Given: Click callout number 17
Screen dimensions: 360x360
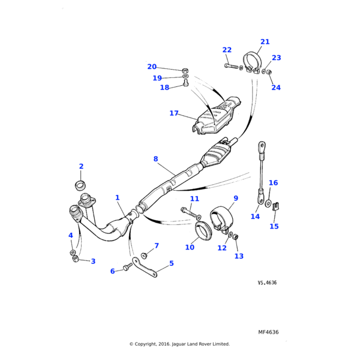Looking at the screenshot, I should coord(174,113).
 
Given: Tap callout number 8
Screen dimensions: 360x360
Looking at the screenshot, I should coord(155,159).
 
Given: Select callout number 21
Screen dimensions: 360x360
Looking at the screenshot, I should coord(265,42).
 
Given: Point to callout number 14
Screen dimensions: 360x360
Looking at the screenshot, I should coord(255,217).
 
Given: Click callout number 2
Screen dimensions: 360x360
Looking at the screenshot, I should coord(81,166).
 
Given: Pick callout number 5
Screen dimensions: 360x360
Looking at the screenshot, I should coord(171,263).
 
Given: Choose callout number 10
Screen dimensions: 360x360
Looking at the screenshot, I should coord(190,247).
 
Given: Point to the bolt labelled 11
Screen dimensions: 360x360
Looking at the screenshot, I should coord(188,212).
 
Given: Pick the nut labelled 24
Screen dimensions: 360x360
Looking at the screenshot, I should coord(269,73).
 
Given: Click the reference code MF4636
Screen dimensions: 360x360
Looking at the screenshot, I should coord(268,332).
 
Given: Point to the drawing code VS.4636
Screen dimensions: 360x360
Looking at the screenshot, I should coord(268,282).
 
